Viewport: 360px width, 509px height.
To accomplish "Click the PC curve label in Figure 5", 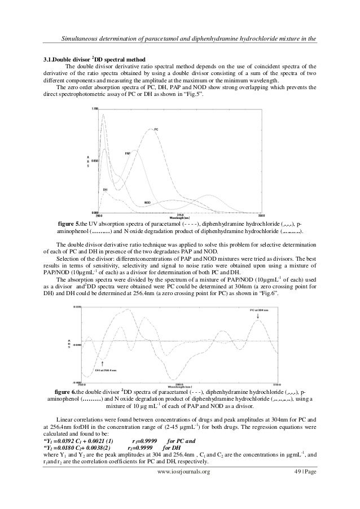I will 156,129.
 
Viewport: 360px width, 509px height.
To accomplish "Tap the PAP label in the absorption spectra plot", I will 128,153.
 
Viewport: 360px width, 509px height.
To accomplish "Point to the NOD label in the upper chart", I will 147,202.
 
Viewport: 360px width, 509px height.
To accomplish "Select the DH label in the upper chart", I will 106,190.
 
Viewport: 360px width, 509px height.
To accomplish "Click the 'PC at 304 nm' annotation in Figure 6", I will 258,310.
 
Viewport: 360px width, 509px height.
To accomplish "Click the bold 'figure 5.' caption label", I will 71,223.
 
